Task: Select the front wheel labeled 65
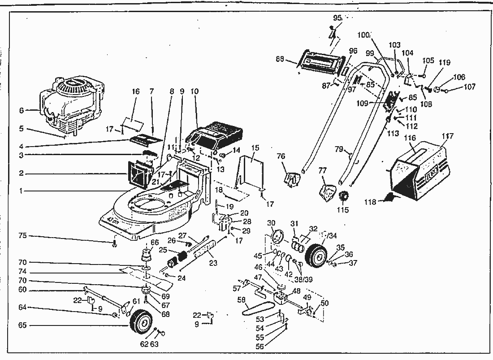141,324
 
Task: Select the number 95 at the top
337,18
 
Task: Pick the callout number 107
469,87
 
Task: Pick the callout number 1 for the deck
21,191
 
